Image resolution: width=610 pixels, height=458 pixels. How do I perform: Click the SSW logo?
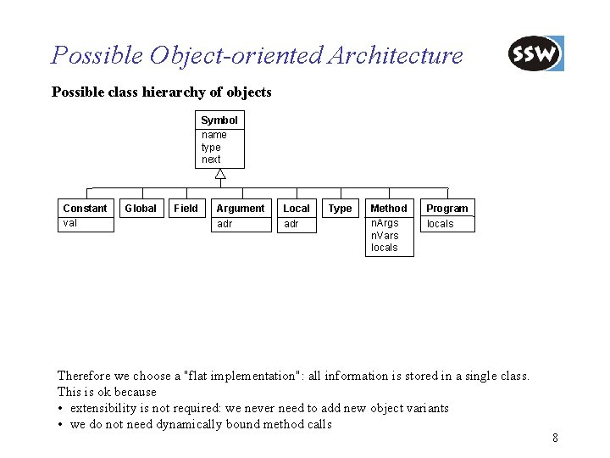click(x=535, y=54)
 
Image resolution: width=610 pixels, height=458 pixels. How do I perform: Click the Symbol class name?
click(x=219, y=120)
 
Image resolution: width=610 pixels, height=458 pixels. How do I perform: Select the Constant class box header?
click(x=85, y=209)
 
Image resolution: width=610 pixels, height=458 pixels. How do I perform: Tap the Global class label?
click(x=141, y=209)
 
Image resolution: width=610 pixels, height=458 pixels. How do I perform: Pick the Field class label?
click(x=186, y=209)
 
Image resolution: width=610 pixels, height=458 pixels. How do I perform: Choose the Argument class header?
click(x=240, y=209)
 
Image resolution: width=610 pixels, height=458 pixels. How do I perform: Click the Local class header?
click(x=297, y=209)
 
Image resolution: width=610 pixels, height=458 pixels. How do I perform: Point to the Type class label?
click(x=340, y=209)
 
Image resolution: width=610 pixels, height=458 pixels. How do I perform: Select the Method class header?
click(x=389, y=209)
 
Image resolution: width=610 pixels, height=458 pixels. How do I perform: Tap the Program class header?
click(x=446, y=209)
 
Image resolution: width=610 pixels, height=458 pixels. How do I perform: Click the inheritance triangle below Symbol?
click(x=219, y=176)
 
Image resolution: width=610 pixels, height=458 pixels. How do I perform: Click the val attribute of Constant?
click(x=70, y=223)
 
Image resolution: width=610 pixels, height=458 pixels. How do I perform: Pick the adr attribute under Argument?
click(x=225, y=224)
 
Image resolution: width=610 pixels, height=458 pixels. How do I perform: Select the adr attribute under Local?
click(x=291, y=224)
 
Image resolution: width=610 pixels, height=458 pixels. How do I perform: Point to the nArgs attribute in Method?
click(x=385, y=223)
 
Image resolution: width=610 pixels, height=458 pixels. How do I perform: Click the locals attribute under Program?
click(x=440, y=224)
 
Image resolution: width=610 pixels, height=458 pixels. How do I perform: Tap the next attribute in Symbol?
click(x=211, y=159)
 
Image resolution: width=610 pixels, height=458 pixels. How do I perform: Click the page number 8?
click(x=555, y=438)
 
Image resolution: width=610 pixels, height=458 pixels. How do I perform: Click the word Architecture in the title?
click(x=395, y=56)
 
